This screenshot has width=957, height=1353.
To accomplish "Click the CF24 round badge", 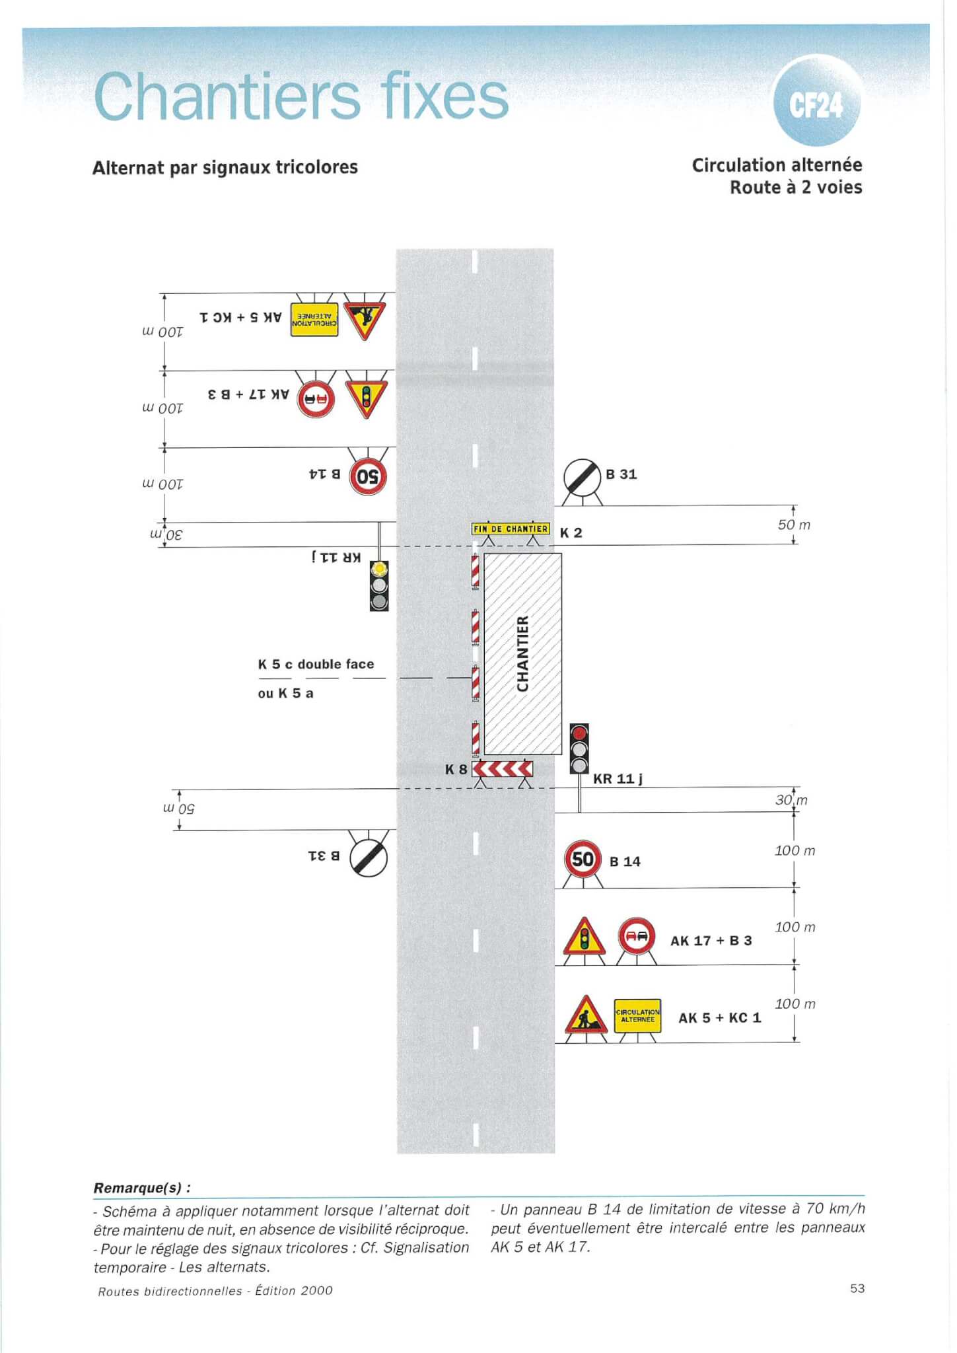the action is coord(817,100).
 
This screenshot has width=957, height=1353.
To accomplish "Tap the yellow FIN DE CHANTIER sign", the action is coord(511,529).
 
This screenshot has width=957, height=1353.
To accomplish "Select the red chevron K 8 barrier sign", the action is coord(503,769).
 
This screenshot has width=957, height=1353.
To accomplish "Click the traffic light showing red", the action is coord(579,749).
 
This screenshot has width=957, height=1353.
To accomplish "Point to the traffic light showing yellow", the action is coord(379,585).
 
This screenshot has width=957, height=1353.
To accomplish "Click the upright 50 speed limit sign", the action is coord(583,859).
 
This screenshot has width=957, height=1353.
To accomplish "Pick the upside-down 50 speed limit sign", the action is coord(368,476).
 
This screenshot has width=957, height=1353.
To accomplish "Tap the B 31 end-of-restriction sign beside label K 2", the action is coord(582,478).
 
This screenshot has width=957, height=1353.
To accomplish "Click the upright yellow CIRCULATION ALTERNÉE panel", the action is coord(637,1015).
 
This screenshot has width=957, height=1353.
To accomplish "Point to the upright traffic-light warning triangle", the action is coord(584,937).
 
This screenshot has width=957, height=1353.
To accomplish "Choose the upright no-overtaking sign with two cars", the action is coord(637,936).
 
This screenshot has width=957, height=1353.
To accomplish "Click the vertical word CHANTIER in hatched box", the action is coord(523,653).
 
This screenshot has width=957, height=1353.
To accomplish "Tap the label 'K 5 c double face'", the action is coord(316,664).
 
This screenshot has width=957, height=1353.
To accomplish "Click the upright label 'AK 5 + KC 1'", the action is coord(720,1017).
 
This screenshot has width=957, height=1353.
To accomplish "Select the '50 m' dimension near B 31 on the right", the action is coord(794,525).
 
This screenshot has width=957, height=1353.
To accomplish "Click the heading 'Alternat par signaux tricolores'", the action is coord(225,168).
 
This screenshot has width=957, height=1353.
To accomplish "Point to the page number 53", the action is coord(857,1288).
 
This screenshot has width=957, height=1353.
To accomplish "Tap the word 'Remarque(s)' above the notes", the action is coord(137,1187).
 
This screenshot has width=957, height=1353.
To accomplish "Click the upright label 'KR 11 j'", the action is coord(618,779).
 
